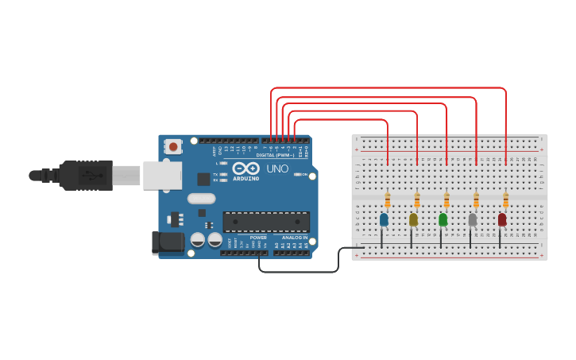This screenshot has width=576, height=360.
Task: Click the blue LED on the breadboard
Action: (384, 219)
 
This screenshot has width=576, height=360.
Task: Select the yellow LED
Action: (413, 219)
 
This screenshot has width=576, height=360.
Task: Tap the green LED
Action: (443, 219)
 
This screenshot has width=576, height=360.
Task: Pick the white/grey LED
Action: (473, 219)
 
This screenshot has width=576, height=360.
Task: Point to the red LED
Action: (502, 219)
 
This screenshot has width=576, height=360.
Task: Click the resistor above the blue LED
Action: (387, 199)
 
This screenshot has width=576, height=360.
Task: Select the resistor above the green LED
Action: (446, 199)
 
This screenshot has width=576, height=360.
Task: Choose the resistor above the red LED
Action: (505, 199)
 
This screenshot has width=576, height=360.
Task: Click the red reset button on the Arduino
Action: (173, 146)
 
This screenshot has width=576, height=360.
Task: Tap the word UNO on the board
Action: (276, 169)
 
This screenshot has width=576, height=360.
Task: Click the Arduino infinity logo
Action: (246, 168)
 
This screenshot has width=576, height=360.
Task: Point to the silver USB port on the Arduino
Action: (162, 176)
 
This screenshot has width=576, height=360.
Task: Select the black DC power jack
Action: (168, 242)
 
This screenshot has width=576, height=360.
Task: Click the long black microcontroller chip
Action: (265, 222)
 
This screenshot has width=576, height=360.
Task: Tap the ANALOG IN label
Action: (292, 238)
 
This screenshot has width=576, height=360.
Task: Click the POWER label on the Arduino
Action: (258, 238)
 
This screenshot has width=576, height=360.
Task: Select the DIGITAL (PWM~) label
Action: (275, 155)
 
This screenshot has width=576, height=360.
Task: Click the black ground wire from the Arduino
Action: (302, 271)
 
